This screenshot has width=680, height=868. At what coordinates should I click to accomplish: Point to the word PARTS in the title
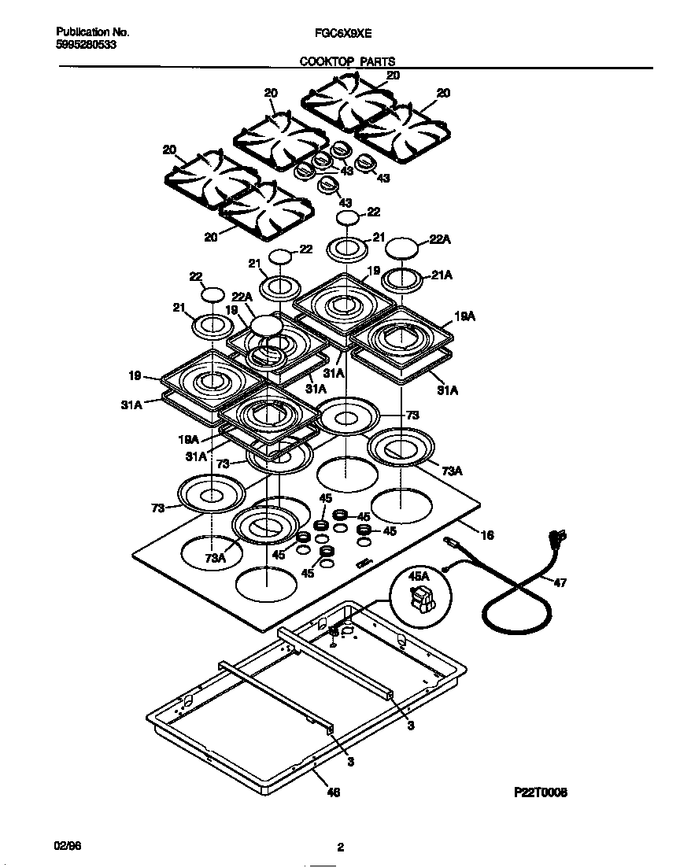pos(379,61)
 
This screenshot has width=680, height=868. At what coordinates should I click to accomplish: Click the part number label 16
pos(487,535)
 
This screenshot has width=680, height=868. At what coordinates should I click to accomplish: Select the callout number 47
pos(560,583)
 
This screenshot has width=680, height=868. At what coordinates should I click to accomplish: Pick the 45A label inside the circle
pos(419,577)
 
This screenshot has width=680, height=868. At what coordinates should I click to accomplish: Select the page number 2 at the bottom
pos(340,848)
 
